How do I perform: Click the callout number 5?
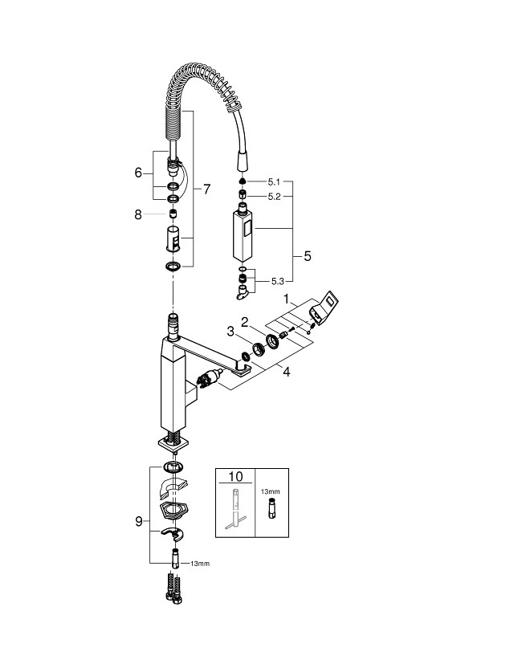point(307,256)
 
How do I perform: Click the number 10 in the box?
point(235,476)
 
